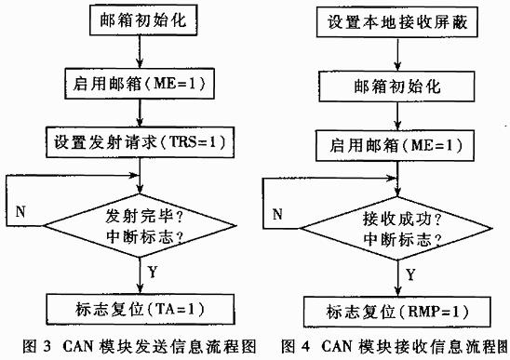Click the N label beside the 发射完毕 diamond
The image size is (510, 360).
[20, 210]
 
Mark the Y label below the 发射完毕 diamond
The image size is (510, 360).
[152, 272]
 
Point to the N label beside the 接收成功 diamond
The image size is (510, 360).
[277, 213]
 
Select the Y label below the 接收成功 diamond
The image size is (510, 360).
[409, 276]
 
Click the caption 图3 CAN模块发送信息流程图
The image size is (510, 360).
[128, 347]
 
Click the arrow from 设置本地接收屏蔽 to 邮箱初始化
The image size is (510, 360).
[398, 58]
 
